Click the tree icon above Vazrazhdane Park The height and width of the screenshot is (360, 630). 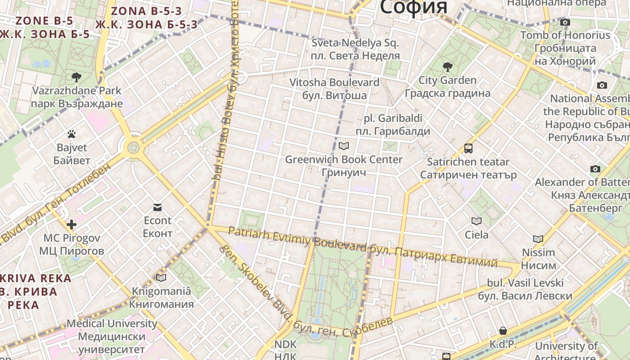tap(76, 77)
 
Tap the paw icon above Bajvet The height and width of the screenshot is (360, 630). tap(72, 134)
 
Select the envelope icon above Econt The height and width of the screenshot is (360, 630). tap(157, 207)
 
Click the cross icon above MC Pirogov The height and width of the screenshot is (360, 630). tap(72, 225)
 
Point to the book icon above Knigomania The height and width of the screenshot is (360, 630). tap(161, 278)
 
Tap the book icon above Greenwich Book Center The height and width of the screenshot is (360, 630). tap(344, 146)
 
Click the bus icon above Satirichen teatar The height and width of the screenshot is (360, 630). tap(468, 148)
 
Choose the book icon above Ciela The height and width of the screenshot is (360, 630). tap(476, 221)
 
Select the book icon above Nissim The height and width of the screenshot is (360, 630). tap(538, 239)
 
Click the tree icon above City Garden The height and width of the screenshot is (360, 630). tap(447, 67)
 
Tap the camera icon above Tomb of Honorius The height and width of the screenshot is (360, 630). tap(565, 22)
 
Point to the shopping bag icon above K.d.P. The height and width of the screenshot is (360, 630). tap(503, 331)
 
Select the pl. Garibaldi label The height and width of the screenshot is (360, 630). tap(393, 125)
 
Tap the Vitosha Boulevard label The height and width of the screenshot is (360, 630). tap(334, 89)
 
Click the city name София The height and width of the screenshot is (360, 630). tap(414, 7)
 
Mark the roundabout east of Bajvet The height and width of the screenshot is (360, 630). tap(134, 147)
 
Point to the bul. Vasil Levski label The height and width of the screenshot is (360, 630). tap(525, 289)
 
